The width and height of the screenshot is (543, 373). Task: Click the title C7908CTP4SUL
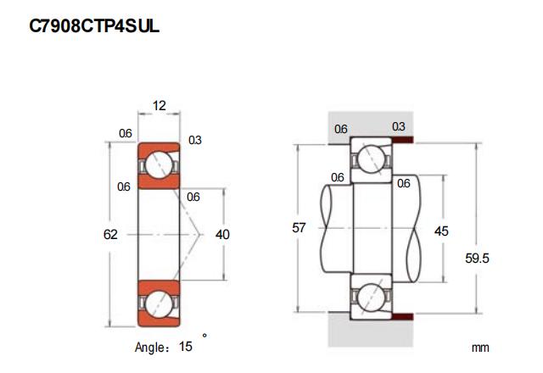point(93,28)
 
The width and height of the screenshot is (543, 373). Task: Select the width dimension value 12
point(159,106)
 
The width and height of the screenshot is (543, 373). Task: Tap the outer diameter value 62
point(110,234)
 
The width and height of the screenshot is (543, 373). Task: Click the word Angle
point(152,347)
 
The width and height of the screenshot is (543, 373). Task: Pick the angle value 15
point(185,346)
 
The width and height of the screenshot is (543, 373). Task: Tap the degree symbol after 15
point(204,337)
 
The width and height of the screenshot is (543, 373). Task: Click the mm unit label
point(481,348)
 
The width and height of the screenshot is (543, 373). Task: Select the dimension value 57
point(298,228)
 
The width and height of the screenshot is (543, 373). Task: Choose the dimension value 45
point(441,231)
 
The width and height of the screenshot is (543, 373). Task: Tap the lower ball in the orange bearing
point(159,301)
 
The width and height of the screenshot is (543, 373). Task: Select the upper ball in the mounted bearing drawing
point(371,158)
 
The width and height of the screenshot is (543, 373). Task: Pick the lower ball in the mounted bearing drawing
point(371,298)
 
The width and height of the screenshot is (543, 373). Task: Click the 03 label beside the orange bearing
point(195,140)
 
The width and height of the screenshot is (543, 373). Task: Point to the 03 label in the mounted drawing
point(399,127)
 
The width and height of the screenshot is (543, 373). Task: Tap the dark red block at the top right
point(403,141)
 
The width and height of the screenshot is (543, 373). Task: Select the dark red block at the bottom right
point(403,317)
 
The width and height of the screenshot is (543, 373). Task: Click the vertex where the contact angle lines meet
point(201,234)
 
